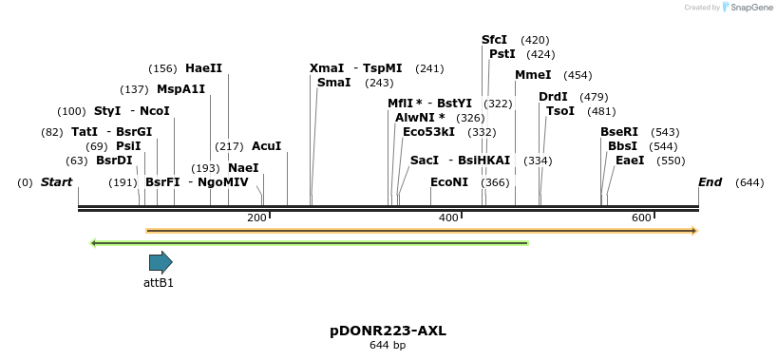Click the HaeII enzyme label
point(203,68)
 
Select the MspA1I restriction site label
point(180,89)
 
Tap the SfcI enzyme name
point(494,40)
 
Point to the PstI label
point(502,54)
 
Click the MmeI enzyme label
point(533,75)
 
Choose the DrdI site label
point(553,97)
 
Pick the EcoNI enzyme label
point(449,181)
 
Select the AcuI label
point(266,146)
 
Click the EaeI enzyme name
point(630,161)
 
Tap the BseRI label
point(619,132)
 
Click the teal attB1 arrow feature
point(161,262)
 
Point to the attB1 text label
point(159,282)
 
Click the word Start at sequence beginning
point(56,181)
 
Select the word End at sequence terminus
point(710,181)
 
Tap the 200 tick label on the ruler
point(256,218)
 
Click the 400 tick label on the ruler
point(448,218)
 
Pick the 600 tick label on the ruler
point(640,218)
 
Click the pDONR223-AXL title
point(388,331)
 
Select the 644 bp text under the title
point(388,345)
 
